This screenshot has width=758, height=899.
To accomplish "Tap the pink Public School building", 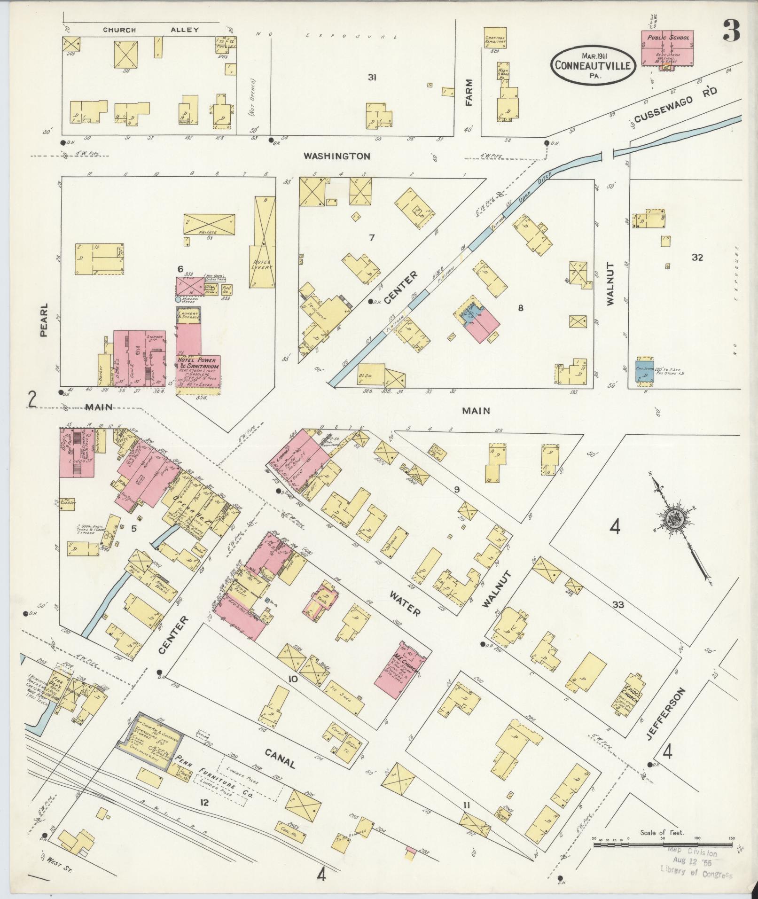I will click(x=668, y=49).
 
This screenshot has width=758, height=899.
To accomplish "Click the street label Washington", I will click(x=336, y=156).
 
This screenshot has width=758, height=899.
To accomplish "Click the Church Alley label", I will click(x=151, y=30).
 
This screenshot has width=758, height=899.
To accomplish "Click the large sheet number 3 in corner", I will click(x=731, y=31).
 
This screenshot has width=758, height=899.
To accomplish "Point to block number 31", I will click(x=372, y=78).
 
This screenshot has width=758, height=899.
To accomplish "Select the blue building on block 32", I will click(x=645, y=370).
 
